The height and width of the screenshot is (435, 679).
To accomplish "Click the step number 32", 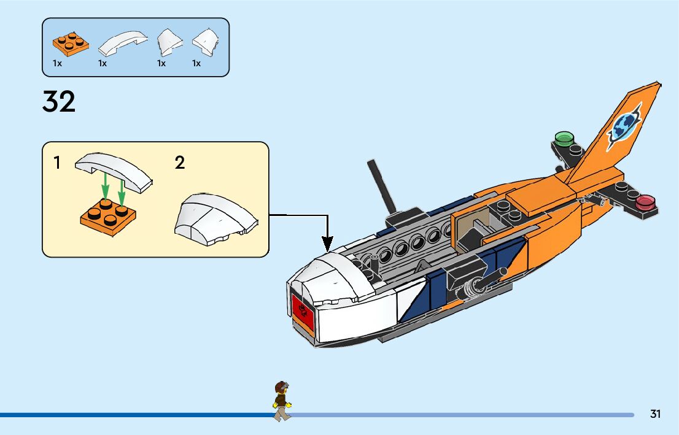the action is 59,101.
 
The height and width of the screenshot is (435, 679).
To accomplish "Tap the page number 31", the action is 655,414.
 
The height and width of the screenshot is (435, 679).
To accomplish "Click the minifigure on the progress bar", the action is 282,401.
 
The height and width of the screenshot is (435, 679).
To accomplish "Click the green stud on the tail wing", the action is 563,137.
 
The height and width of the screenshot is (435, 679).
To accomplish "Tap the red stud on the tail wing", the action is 646,201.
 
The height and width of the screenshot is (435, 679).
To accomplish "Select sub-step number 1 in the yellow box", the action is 57,163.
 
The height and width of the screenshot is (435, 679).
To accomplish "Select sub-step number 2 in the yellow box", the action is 180,163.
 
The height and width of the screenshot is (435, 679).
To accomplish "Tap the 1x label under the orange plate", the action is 57,63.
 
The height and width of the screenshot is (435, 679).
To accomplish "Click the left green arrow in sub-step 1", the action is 106,185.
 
